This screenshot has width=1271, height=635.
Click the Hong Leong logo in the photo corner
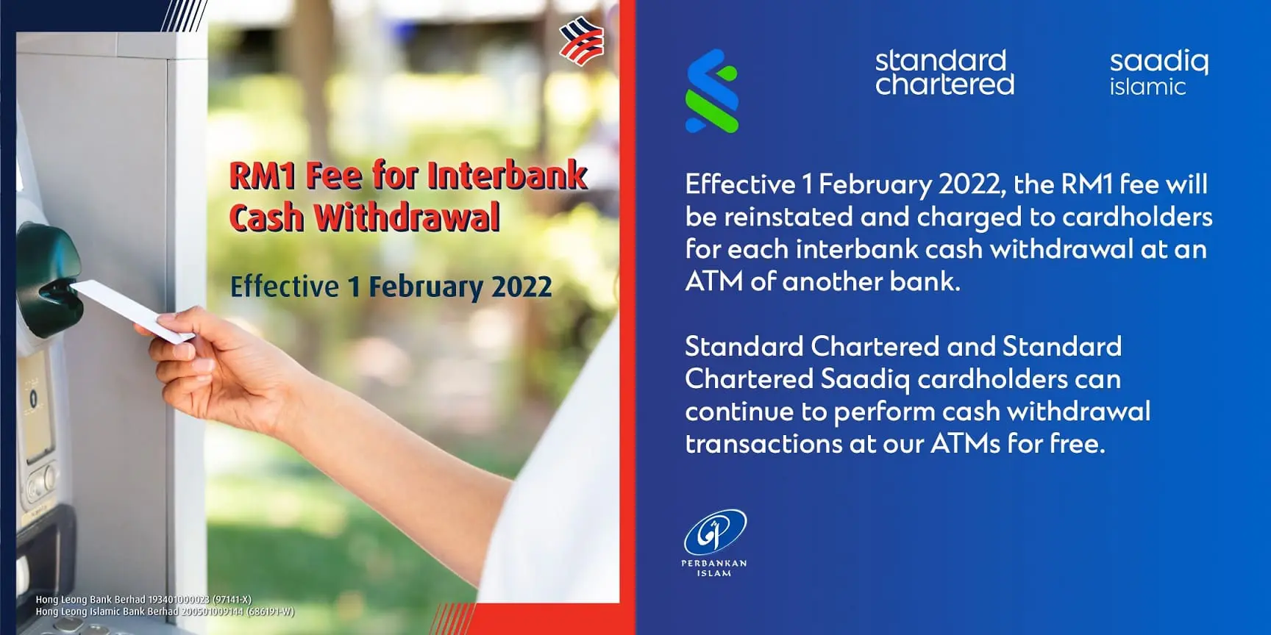pos(582,40)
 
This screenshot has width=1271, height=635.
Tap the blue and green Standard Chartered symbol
pos(712,91)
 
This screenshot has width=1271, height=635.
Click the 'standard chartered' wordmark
pos(944,72)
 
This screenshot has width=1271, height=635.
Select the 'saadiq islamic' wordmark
pos(1158,72)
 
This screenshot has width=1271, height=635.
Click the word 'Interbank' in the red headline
pos(508,176)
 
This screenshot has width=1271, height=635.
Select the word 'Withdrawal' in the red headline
pos(407,218)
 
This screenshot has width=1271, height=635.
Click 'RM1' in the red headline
pos(263,176)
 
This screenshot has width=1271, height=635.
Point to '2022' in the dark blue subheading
pos(521,287)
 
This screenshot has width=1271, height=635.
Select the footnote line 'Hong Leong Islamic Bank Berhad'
pos(107,611)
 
